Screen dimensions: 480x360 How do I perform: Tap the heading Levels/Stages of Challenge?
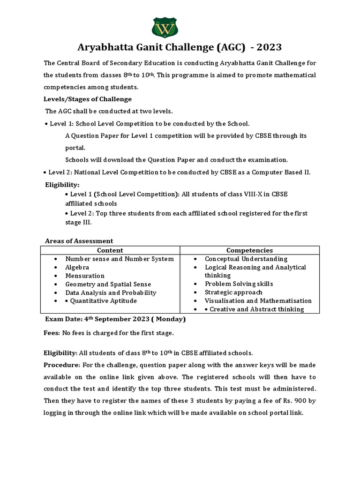88,99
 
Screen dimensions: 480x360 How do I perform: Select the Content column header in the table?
110,250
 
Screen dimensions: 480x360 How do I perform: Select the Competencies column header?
249,250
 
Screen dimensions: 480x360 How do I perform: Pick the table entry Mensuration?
85,276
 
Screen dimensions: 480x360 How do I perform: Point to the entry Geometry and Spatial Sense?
108,284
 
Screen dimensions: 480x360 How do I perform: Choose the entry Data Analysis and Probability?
111,292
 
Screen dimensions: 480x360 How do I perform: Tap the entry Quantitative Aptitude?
104,301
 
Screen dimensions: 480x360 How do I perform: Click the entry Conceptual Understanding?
246,259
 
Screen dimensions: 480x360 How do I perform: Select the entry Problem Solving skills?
239,284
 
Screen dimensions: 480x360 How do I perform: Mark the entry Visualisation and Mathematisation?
258,300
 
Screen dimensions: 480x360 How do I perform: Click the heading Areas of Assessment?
79,241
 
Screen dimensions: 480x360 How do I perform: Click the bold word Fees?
52,333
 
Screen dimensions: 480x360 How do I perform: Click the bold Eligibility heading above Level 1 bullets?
62,185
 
